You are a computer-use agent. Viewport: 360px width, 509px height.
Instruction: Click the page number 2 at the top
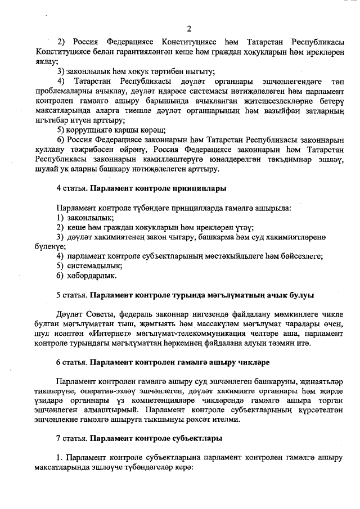tap(189, 29)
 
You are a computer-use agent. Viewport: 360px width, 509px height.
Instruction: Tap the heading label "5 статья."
tap(72, 295)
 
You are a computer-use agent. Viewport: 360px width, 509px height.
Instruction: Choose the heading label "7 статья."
tap(72, 438)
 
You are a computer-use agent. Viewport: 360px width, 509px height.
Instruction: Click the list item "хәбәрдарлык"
tap(92, 276)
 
